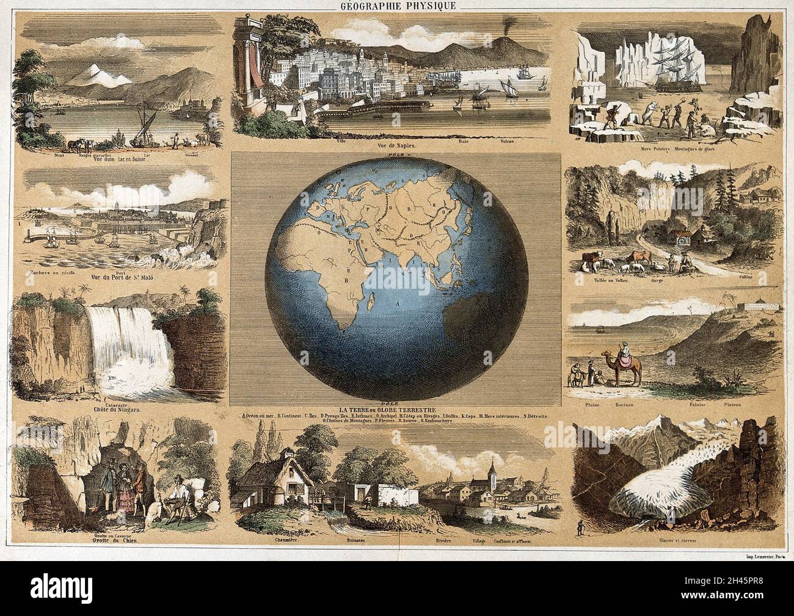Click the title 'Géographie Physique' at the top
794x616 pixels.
tap(397, 7)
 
